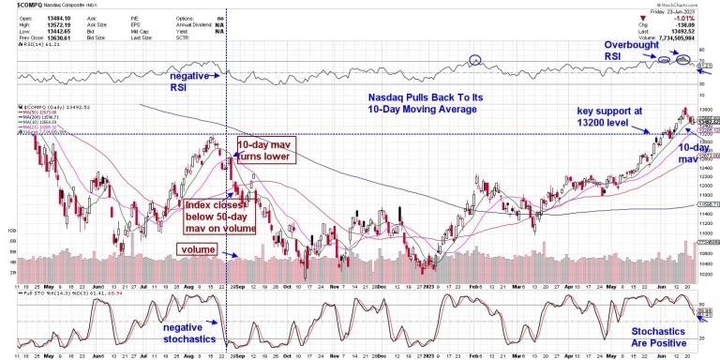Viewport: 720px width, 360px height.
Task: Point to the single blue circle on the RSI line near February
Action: [x=475, y=60]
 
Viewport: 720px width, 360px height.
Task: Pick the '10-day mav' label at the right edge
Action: [x=691, y=153]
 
